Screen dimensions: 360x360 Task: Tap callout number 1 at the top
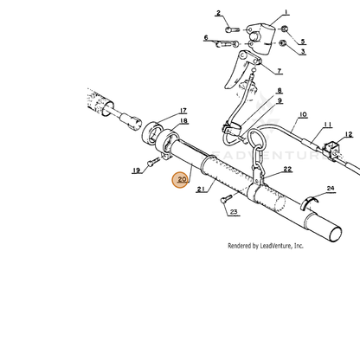(286, 12)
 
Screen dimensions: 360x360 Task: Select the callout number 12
(349, 134)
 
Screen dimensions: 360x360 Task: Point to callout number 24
(331, 189)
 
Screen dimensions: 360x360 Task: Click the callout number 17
(183, 111)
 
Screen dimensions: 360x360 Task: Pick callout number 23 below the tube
(234, 212)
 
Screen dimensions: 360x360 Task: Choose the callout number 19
(136, 170)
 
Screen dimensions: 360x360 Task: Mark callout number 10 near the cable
(303, 115)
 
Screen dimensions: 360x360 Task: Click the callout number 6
(206, 38)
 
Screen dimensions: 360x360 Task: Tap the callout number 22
(287, 169)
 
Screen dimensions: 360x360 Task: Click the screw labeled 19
(153, 162)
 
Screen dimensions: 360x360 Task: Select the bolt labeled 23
(226, 198)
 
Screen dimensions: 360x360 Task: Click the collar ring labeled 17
(152, 133)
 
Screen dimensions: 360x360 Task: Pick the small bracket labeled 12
(331, 150)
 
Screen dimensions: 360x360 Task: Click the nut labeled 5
(285, 29)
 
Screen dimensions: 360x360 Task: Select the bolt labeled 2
(232, 29)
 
